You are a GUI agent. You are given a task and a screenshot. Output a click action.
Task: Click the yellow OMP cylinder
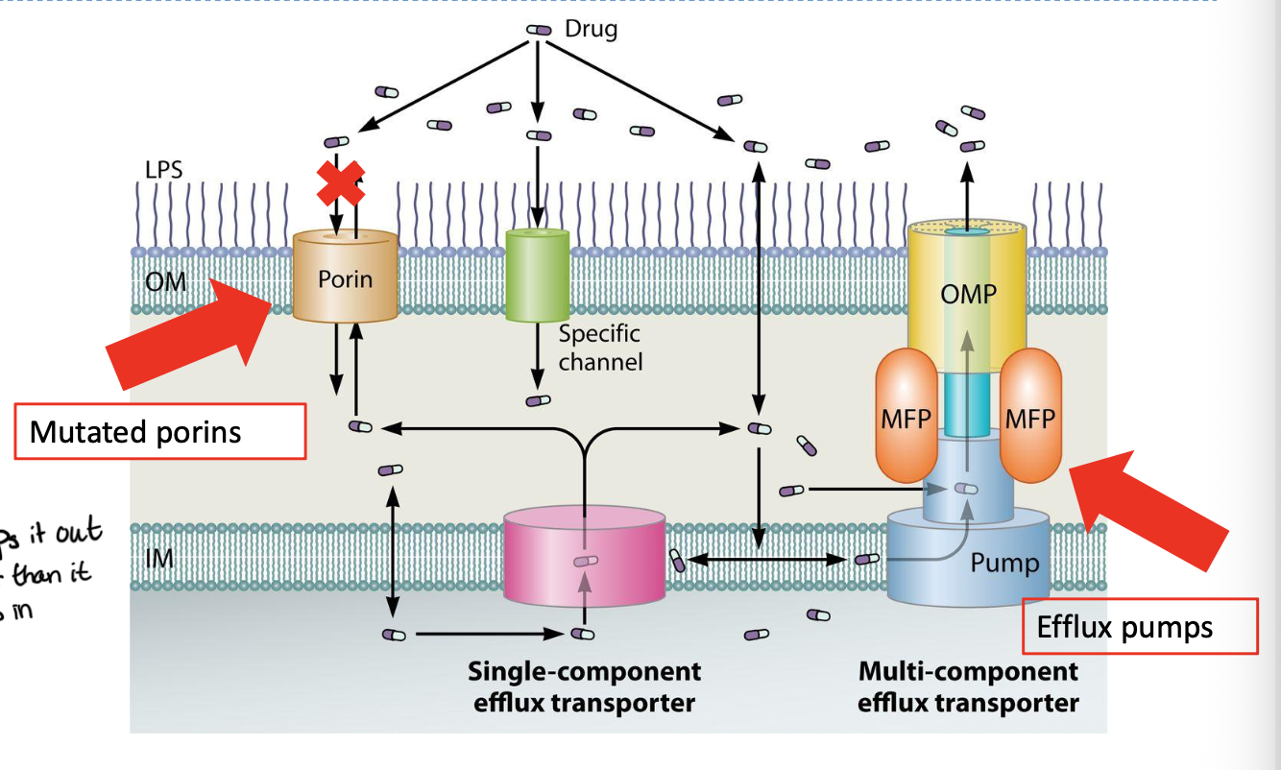tap(967, 293)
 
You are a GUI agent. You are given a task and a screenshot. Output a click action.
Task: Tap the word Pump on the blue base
tap(1004, 562)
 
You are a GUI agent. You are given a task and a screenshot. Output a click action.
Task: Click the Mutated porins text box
tap(159, 432)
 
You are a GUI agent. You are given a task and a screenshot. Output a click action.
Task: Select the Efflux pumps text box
tap(1139, 627)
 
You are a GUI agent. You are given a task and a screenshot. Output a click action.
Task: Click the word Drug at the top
tap(591, 29)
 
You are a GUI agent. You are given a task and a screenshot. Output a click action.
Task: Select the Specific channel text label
tap(600, 348)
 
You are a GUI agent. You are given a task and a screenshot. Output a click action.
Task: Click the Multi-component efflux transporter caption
tap(968, 686)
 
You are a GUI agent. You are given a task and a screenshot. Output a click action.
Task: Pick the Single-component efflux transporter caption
tap(584, 686)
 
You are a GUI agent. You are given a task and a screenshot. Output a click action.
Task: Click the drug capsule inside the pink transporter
tap(585, 561)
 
